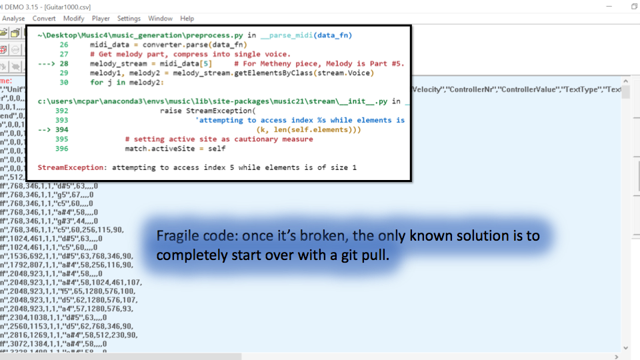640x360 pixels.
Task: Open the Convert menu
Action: pyautogui.click(x=44, y=19)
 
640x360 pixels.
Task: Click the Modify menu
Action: pyautogui.click(x=73, y=19)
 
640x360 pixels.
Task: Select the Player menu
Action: pyautogui.click(x=101, y=19)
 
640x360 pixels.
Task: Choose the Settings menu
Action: pyautogui.click(x=129, y=19)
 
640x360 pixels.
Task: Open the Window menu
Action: pyautogui.click(x=160, y=19)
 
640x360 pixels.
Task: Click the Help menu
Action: pyautogui.click(x=187, y=19)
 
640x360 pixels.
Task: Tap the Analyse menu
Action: pyautogui.click(x=13, y=19)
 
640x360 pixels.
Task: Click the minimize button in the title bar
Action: pyautogui.click(x=603, y=6)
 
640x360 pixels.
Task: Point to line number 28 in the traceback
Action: pyautogui.click(x=64, y=63)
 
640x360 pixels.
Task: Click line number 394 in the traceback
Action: pyautogui.click(x=62, y=129)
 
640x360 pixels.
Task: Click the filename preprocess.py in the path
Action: pyautogui.click(x=217, y=35)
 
